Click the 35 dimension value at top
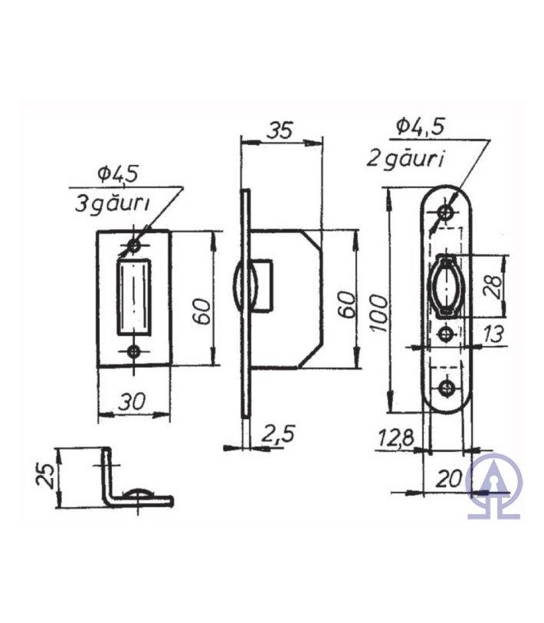click(279, 130)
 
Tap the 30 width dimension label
click(132, 401)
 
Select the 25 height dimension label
click(45, 475)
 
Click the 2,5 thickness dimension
click(278, 433)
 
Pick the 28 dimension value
click(493, 286)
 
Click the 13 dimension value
click(493, 335)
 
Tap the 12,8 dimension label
click(395, 437)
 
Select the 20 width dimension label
click(449, 479)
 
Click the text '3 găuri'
click(113, 204)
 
